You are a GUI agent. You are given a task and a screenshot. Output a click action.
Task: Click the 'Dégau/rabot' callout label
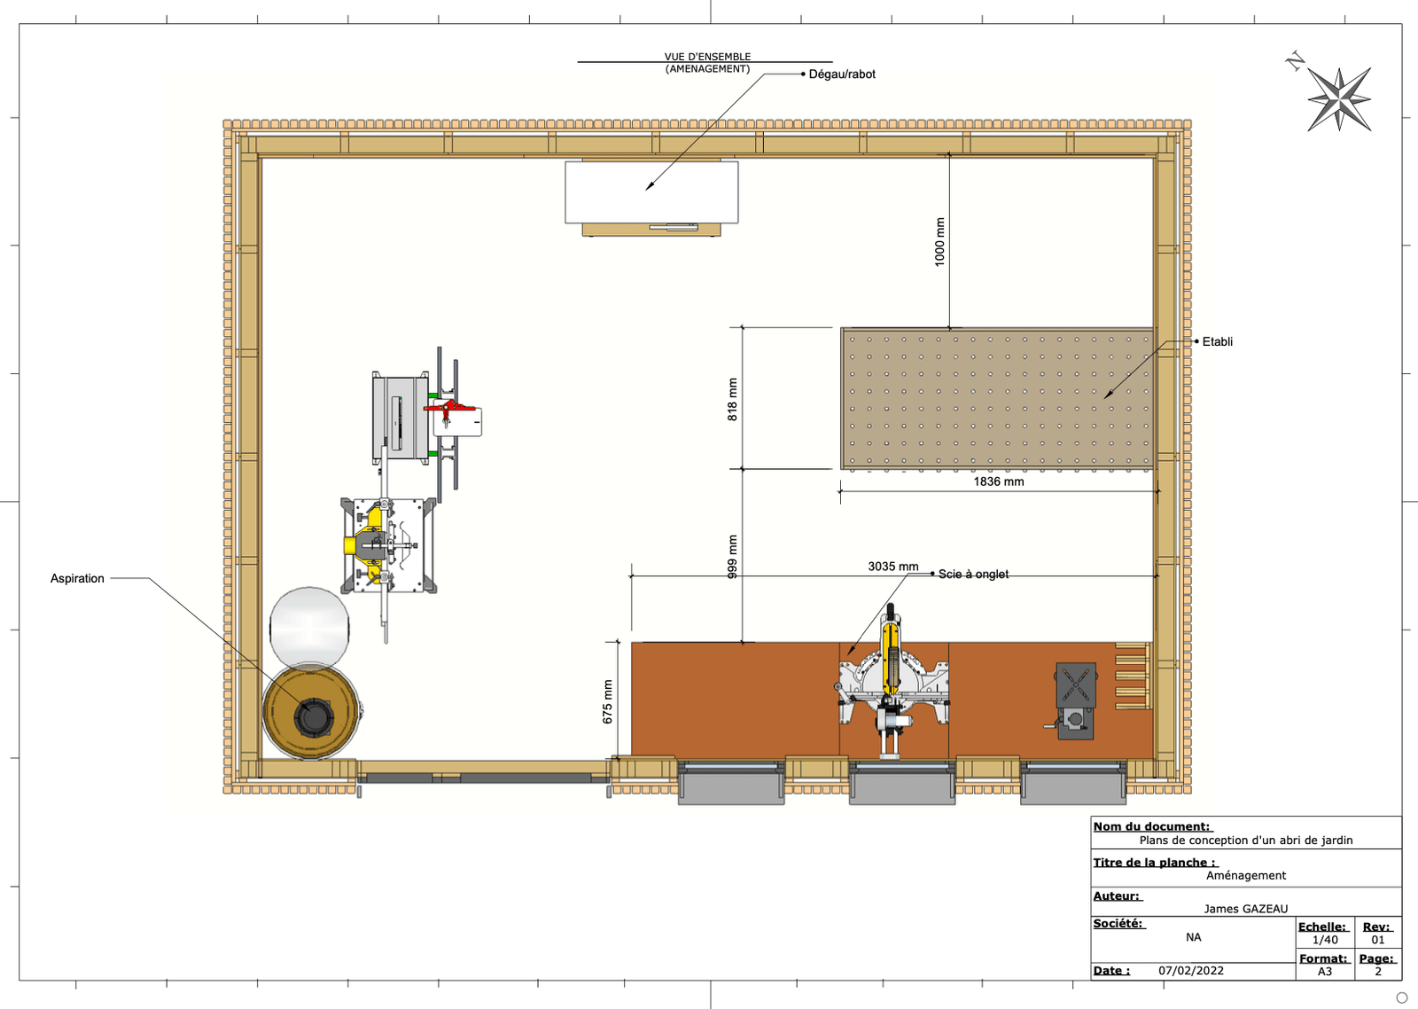pos(842,74)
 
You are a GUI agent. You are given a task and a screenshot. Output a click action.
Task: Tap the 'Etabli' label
pos(1217,341)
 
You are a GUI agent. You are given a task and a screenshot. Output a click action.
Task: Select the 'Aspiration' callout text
pos(77,578)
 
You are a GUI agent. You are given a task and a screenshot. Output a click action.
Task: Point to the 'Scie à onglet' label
pos(973,575)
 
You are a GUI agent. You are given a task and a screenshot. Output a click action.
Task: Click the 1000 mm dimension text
pos(939,242)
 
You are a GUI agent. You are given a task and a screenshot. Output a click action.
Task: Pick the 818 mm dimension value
pos(732,399)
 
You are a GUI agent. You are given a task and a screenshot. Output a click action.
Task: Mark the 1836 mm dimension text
pos(998,481)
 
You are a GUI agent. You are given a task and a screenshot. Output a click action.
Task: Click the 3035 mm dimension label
pos(892,566)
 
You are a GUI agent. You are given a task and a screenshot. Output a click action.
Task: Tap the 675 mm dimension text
pos(607,701)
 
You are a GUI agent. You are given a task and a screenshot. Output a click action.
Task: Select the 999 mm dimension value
pos(732,557)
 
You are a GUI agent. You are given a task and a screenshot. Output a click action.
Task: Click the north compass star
pos(1339,98)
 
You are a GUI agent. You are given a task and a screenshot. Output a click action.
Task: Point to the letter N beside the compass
pos(1295,61)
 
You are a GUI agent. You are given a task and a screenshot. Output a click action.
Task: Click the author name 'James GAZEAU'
pos(1245,908)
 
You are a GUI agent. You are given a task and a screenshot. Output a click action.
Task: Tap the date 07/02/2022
pos(1190,970)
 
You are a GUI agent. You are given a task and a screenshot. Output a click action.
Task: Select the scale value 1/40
pos(1325,940)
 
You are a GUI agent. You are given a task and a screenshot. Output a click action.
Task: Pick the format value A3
pos(1324,971)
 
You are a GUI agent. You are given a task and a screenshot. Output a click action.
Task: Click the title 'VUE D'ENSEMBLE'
pos(707,57)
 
